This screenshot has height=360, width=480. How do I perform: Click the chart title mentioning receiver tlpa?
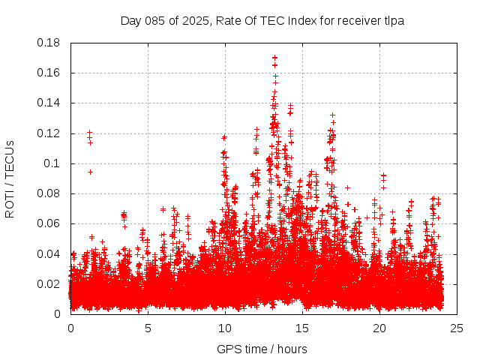coord(262,20)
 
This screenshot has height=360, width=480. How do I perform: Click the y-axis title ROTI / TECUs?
coord(10,178)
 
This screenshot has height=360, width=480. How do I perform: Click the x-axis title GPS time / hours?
coord(262,349)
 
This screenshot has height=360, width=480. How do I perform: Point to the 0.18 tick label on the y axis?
coord(49,43)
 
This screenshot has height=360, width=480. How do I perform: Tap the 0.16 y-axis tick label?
coord(49,73)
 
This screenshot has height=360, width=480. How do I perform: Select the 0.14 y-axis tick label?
coord(49,103)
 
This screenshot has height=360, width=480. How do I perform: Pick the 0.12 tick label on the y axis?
coord(49,133)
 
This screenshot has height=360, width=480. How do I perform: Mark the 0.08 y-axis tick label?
coord(49,193)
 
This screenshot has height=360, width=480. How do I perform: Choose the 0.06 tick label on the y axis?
coord(49,223)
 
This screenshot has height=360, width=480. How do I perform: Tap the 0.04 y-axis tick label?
coord(49,253)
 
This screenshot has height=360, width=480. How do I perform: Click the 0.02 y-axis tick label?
coord(49,283)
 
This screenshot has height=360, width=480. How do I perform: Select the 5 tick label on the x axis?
coord(148,328)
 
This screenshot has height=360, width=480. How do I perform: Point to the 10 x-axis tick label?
coord(225,328)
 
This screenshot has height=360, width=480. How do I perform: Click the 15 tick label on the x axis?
coord(302,328)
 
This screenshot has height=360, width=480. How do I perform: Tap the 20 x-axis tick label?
coord(379,328)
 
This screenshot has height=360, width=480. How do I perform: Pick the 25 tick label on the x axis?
coord(457,328)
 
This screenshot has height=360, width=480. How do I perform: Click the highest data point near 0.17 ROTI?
coord(274,57)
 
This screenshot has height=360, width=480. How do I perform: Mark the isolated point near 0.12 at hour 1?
coord(89,133)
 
